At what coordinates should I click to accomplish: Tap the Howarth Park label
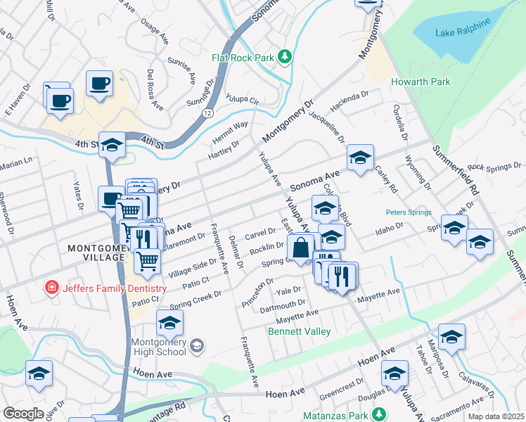tap(421, 82)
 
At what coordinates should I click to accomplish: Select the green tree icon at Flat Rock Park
tap(285, 56)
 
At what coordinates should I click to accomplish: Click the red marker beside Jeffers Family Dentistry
tap(51, 288)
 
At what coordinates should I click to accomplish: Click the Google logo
tap(23, 413)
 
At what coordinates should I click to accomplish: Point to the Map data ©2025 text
tap(496, 416)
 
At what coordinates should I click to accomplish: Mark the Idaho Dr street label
tap(390, 229)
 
